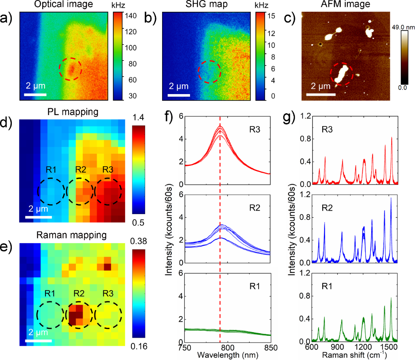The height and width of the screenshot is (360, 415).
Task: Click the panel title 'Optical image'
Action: [63, 5]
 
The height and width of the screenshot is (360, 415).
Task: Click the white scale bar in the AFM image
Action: [321, 94]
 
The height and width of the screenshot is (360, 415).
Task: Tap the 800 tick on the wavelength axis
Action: [228, 347]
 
